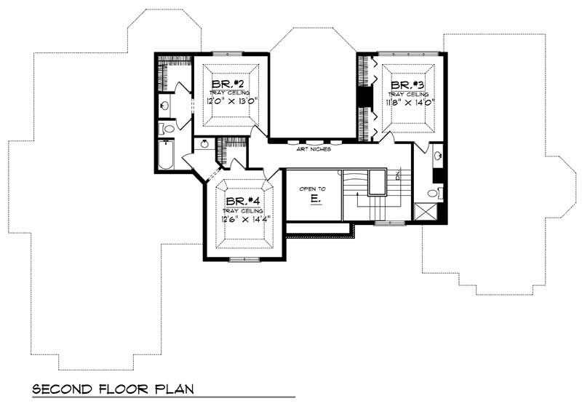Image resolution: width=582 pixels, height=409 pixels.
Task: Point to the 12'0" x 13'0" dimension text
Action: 228,103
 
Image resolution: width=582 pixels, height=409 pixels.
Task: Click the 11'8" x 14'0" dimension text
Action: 407,103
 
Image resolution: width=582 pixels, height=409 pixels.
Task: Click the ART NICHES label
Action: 314,148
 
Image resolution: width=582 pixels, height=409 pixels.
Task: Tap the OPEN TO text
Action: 313,188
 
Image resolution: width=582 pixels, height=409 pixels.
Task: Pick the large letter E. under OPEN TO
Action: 314,199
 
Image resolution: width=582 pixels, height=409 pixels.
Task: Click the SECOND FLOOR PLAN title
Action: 113,389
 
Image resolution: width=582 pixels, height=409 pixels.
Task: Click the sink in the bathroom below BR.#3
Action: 436,155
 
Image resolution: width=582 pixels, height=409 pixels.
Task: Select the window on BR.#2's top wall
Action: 232,53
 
